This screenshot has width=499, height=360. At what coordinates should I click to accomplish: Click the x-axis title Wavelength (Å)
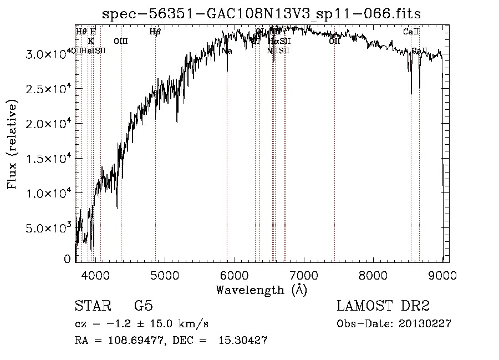coord(261,290)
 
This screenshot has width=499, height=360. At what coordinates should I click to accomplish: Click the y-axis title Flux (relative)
coord(12,144)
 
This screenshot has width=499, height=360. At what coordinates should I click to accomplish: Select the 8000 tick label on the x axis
coord(373,274)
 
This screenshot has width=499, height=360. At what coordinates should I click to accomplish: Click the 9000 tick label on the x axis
coord(442,274)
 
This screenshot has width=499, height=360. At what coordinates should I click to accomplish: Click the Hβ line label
coord(155,32)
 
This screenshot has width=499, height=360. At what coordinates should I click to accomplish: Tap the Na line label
coord(227,51)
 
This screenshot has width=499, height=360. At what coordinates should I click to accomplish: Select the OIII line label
coord(121,41)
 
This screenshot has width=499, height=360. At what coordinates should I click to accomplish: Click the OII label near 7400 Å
coord(334,41)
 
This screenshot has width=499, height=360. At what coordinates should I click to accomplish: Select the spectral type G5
coord(144,307)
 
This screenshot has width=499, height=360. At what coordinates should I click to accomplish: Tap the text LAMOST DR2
coord(383,307)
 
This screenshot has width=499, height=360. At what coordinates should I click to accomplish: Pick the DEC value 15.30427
coord(244,341)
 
